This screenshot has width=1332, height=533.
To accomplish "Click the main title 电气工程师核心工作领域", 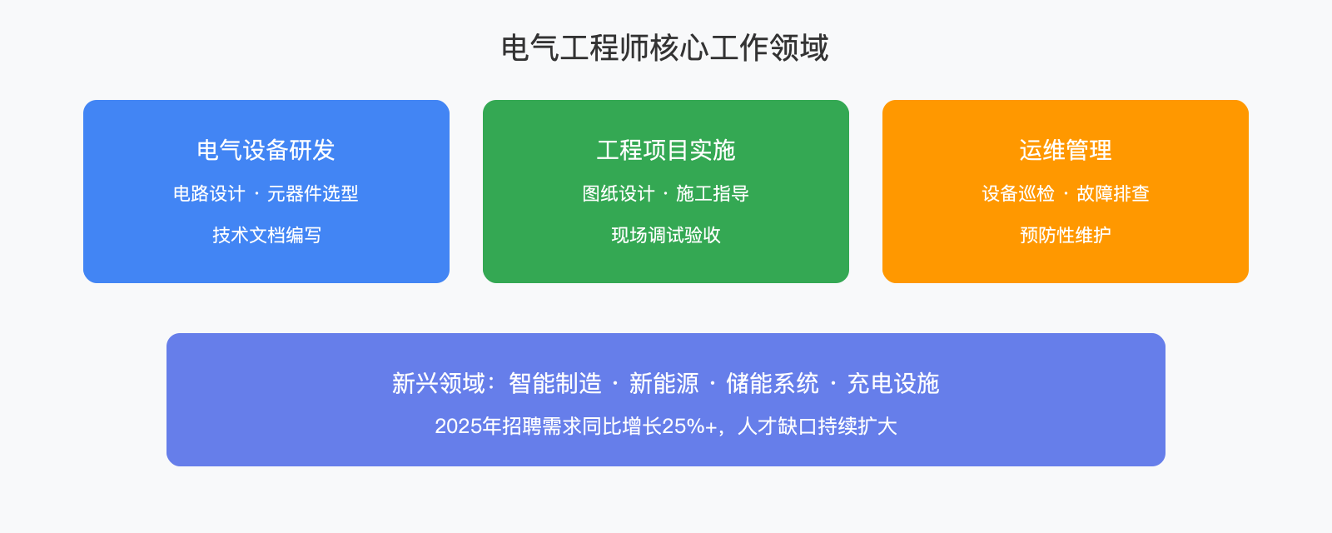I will point(665,48).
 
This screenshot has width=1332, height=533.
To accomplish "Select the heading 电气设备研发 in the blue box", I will point(266,150).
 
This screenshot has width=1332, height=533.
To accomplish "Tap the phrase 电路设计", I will point(209,194).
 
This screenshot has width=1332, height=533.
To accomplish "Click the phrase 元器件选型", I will point(312,194).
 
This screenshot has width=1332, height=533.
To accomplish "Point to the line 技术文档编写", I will point(266,236).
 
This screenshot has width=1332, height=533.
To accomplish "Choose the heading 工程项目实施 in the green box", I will point(665,150).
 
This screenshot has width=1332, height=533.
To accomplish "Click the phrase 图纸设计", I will point(619,194).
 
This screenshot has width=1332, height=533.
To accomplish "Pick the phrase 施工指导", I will point(713,194).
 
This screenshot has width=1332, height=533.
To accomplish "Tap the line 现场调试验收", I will point(665,236).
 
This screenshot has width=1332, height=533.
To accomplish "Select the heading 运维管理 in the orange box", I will point(1065,150).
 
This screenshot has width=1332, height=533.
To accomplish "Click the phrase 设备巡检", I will point(1018,194).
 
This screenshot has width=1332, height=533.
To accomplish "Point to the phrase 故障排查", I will point(1113,194).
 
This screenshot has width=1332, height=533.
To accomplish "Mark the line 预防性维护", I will point(1065,236).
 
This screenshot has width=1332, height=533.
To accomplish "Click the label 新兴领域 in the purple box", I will point(439,384).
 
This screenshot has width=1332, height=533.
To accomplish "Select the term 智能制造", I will point(554,384).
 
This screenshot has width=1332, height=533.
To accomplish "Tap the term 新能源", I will point(664,384).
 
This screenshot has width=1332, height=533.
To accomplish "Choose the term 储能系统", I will point(772,384).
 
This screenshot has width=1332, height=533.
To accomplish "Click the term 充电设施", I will point(892,384).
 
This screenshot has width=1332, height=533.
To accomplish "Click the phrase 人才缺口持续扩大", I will point(817,426).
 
